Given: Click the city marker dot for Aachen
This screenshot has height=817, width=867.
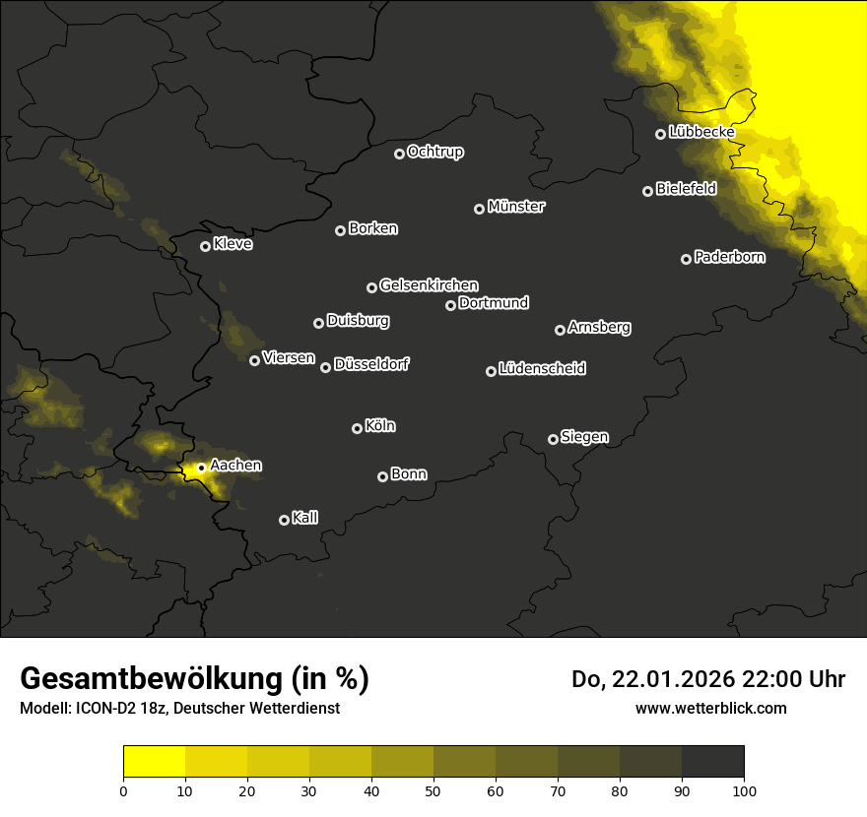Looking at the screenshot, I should tap(201, 468).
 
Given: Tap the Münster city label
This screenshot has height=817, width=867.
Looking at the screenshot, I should tap(515, 207).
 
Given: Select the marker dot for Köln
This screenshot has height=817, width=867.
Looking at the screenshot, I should tap(357, 428).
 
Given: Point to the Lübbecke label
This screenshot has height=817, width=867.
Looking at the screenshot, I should tap(700, 132).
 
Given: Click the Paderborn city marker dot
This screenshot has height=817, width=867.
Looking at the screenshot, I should tap(686, 259).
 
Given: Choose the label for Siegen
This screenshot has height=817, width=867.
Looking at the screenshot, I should tap(584, 437).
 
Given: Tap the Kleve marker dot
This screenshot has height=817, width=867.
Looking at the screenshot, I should tap(205, 246).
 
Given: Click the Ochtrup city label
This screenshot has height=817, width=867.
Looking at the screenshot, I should tap(434, 152).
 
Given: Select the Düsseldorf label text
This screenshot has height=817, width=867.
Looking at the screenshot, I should tap(371, 364).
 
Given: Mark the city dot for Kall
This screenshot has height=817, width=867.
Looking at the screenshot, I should tap(284, 520).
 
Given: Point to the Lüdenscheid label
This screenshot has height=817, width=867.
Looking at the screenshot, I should tap(542, 369).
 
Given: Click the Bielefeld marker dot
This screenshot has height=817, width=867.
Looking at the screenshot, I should tap(647, 191).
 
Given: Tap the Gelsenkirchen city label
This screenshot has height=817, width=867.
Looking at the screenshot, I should tap(429, 285).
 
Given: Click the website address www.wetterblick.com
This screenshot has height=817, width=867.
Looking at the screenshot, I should tap(710, 708).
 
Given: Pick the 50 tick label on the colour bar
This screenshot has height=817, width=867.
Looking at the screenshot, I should tap(433, 789).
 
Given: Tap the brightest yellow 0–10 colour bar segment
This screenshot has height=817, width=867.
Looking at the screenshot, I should tap(154, 761).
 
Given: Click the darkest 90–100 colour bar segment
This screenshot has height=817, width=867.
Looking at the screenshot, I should tap(712, 761).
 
